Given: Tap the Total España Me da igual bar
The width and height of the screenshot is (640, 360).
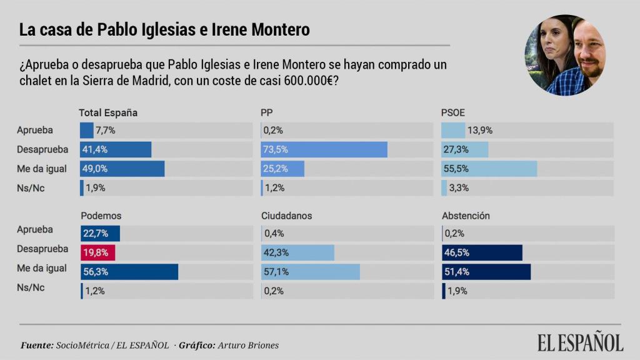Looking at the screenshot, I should tap(122, 169).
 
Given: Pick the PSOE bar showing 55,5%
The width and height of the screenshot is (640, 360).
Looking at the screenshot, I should tap(489, 169).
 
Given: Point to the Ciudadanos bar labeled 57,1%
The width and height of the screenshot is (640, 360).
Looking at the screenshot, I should tap(310, 272).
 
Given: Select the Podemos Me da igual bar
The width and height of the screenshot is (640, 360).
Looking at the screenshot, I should tap(129, 272).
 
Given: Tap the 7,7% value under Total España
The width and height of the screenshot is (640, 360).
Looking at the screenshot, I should tap(106, 131).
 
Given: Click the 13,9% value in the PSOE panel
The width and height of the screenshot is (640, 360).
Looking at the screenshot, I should tap(481, 131).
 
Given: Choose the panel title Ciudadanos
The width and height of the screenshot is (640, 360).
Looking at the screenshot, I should tap(286, 216).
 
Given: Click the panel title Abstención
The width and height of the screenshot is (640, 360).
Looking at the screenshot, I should tap(466, 216).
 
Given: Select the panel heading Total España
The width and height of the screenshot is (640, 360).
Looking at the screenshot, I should tap(108, 113).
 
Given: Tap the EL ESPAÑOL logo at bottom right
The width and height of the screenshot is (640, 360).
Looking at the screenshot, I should tap(580, 342).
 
